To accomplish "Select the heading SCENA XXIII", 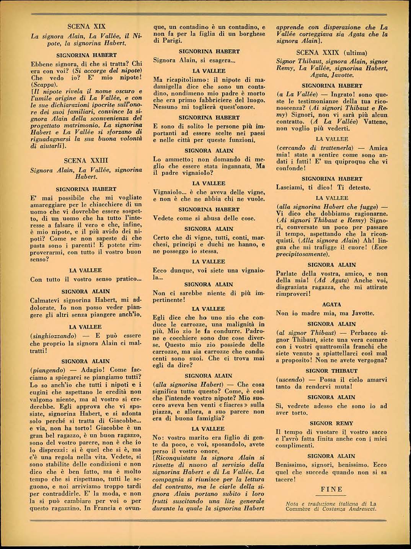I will coord(86,160).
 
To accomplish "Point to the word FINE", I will coord(331,489).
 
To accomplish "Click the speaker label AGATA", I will coord(331,305).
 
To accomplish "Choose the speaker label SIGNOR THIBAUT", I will coord(331,370).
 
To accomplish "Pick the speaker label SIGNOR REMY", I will coord(331,423).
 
